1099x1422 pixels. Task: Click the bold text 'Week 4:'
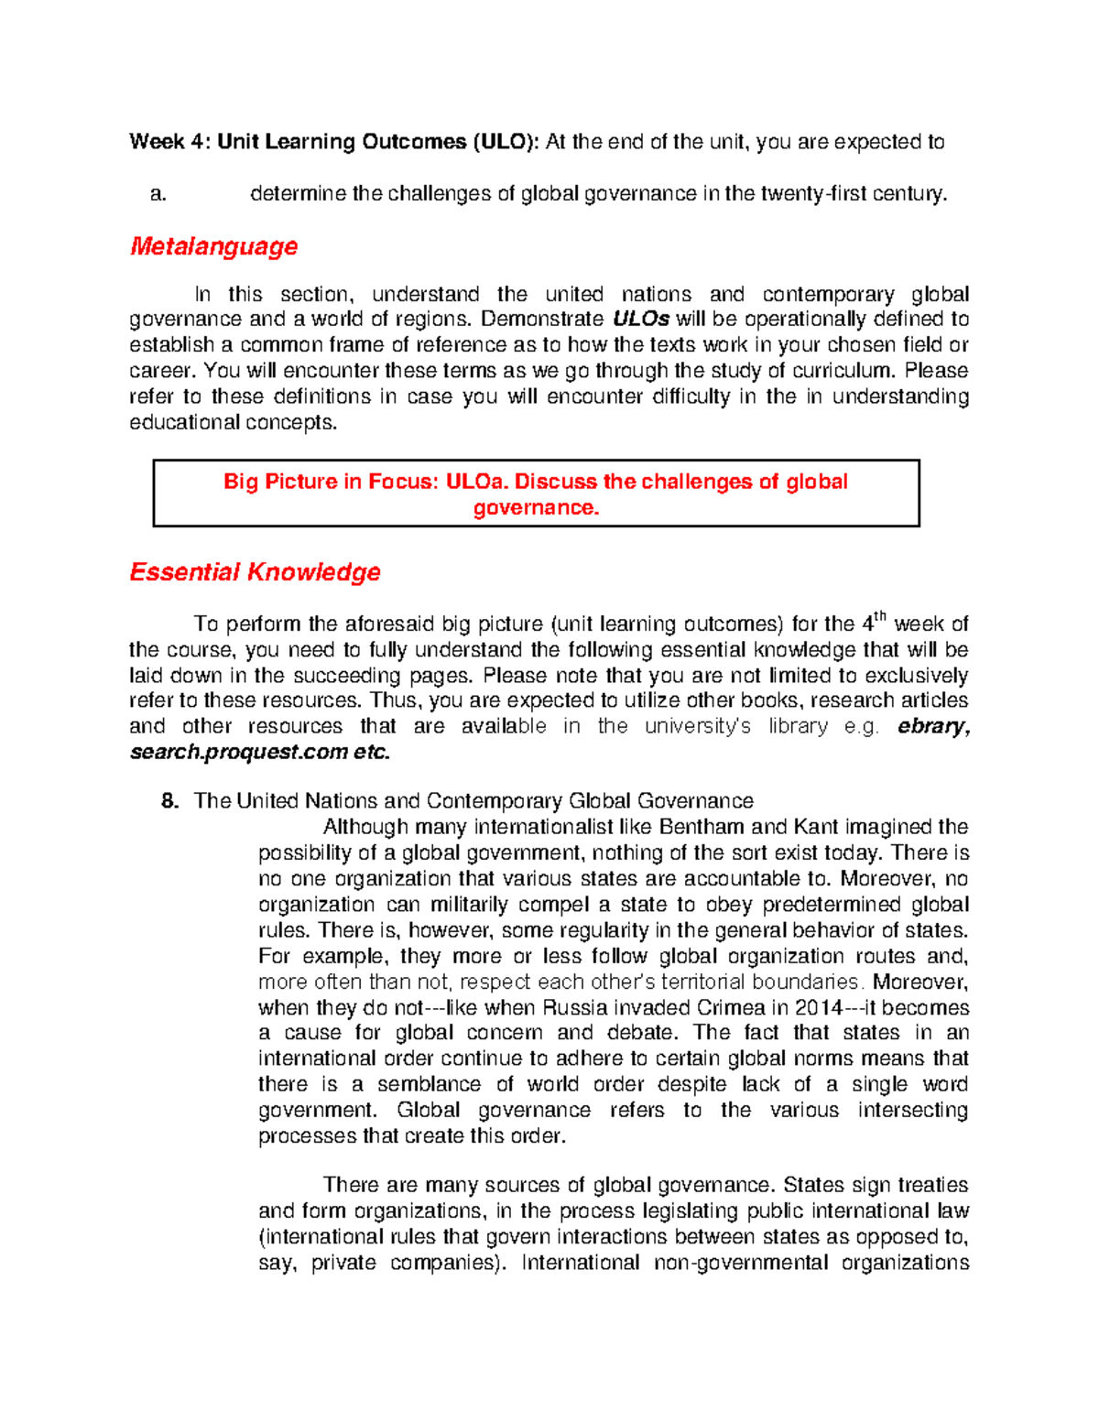[x=170, y=142]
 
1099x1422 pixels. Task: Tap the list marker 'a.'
[x=158, y=194]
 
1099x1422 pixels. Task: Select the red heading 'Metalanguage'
[x=213, y=246]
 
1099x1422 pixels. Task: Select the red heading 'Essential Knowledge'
[x=255, y=572]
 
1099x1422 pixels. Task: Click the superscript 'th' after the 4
[x=880, y=618]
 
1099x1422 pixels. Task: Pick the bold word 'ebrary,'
[x=933, y=727]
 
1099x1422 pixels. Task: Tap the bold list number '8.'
[x=169, y=802]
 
